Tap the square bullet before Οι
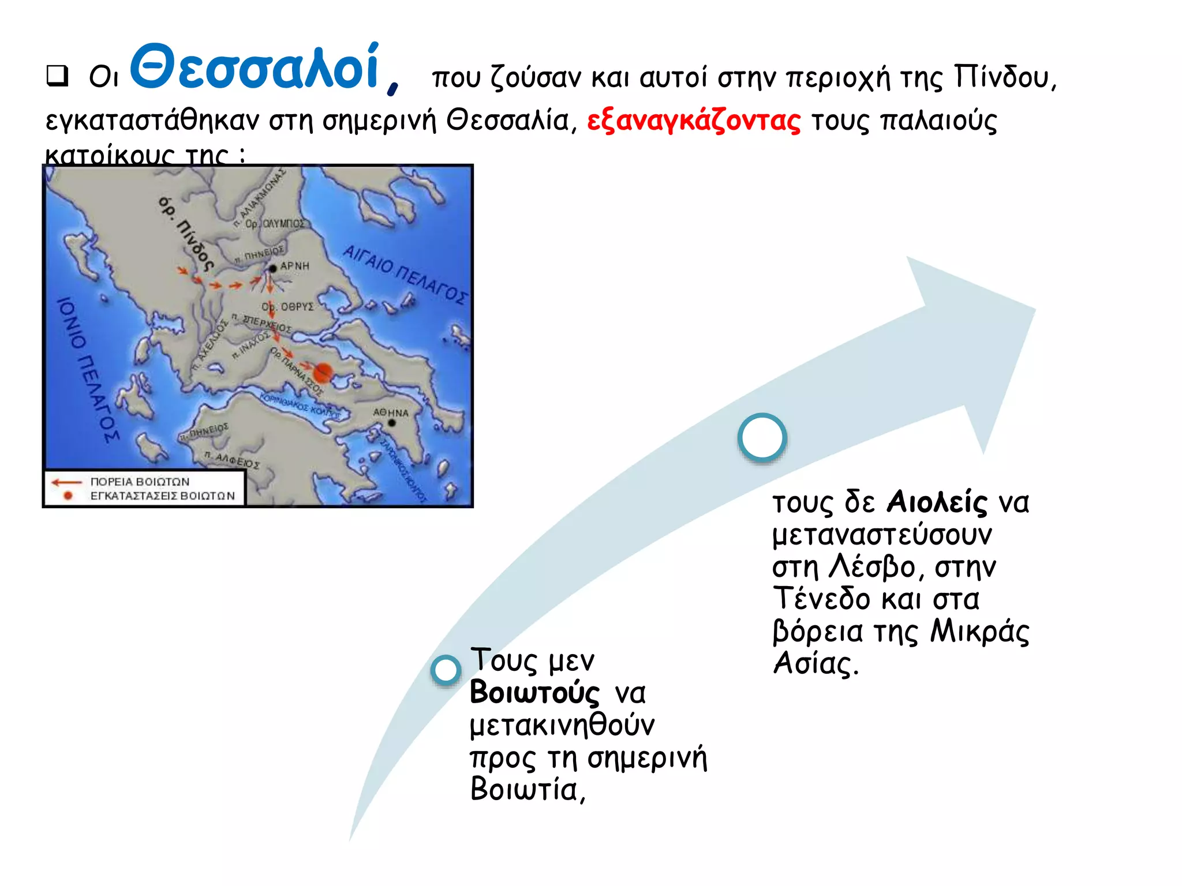click(x=57, y=76)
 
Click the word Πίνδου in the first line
click(x=1004, y=77)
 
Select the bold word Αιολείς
click(x=936, y=501)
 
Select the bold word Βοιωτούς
click(x=534, y=692)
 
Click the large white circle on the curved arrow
click(x=762, y=438)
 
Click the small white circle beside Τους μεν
click(x=446, y=670)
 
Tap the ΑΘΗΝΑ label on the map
click(x=390, y=413)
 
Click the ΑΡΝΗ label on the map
click(x=294, y=266)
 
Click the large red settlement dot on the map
click(x=324, y=372)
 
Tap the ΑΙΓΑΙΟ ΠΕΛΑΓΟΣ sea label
click(x=404, y=274)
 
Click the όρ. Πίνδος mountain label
click(x=186, y=234)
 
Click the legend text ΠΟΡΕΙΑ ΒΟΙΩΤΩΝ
click(x=140, y=482)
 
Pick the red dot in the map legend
click(x=68, y=495)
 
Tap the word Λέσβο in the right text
click(x=872, y=566)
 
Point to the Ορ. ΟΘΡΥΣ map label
click(x=288, y=307)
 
